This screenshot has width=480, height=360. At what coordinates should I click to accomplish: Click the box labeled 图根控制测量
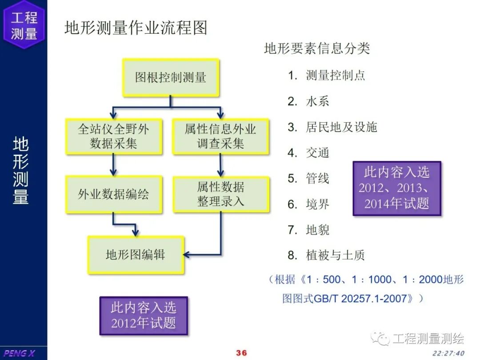[171, 78]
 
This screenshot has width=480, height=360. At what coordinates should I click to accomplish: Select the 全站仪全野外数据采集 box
[114, 136]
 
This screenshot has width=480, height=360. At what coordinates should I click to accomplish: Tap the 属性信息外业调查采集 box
[220, 136]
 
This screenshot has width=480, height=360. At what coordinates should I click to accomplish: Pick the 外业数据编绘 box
[114, 194]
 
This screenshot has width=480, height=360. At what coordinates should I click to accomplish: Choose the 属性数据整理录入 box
[220, 194]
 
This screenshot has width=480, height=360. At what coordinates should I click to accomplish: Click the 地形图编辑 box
[136, 255]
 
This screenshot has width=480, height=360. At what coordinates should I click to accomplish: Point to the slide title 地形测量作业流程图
[136, 28]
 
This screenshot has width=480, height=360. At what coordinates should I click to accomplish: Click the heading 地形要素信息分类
[317, 48]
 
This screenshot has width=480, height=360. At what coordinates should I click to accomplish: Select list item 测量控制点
[335, 76]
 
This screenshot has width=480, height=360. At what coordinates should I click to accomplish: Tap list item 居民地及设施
[341, 127]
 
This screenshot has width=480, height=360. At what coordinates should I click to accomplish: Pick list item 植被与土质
[335, 255]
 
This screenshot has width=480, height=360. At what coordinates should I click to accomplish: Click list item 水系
[317, 101]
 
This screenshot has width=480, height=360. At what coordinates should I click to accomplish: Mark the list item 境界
[317, 204]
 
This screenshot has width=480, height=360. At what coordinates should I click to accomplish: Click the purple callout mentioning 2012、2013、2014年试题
[396, 188]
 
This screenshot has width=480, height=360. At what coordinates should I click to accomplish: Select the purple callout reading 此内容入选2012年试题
[144, 315]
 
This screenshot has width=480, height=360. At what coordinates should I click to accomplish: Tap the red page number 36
[241, 353]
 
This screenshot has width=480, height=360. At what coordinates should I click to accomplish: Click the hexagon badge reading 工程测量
[24, 25]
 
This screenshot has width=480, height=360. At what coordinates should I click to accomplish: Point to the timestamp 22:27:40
[448, 353]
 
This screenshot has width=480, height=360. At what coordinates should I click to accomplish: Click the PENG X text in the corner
[20, 353]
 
